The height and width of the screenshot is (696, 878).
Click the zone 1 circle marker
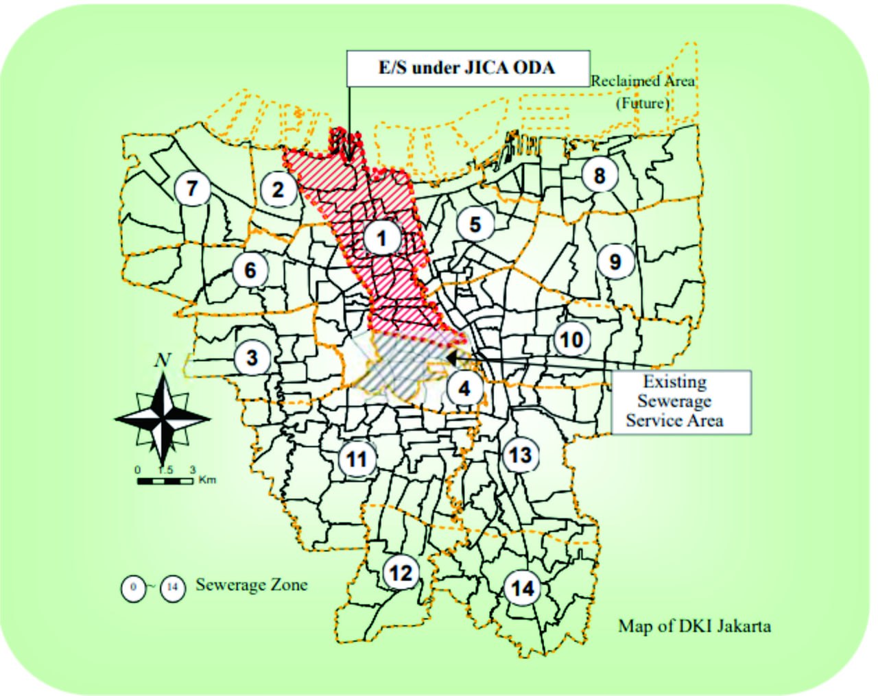(381, 238)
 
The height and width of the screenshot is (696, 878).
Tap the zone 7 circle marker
(192, 188)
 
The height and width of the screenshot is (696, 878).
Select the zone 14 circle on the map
(522, 588)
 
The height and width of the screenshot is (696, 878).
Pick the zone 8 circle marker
(599, 176)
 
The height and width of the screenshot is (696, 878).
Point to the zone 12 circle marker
(401, 572)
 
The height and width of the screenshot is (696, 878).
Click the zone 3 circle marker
(252, 357)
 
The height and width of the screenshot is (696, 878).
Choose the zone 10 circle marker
(571, 339)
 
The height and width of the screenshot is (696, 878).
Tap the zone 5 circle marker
(475, 224)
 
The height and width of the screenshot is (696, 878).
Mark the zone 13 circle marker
(520, 455)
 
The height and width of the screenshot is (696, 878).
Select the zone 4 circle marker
(464, 389)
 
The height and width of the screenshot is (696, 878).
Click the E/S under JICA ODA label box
(468, 68)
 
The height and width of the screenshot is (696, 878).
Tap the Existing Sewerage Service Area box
(680, 402)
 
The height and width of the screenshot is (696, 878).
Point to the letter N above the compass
(163, 360)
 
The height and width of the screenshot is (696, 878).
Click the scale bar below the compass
(165, 481)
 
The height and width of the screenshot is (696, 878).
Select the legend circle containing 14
(173, 588)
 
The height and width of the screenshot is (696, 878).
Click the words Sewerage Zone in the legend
(252, 585)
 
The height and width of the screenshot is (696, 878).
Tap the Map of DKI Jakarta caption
(694, 626)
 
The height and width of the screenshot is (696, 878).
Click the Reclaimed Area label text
(643, 81)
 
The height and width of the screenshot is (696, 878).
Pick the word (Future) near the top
(642, 104)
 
